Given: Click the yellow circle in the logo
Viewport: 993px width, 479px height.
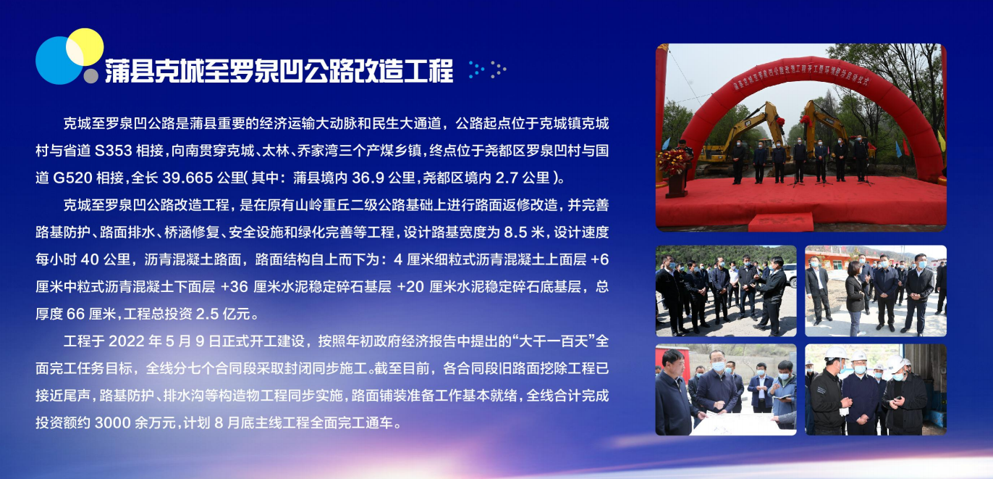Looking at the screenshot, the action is [85, 47].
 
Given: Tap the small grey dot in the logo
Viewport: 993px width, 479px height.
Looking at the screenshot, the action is [91, 75].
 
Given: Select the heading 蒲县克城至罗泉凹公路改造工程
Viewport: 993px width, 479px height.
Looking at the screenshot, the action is [279, 71].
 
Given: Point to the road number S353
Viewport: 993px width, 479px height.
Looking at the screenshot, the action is [114, 151].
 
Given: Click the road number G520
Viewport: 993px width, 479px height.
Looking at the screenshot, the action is [72, 178].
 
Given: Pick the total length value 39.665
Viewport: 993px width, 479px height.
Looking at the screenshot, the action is [187, 178].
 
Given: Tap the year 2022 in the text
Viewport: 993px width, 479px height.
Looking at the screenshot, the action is [127, 341].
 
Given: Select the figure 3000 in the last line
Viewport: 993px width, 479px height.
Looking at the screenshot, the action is [113, 422].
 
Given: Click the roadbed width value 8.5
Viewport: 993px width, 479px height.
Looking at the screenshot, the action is [515, 232].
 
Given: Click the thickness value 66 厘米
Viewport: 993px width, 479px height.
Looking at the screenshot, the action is [91, 314].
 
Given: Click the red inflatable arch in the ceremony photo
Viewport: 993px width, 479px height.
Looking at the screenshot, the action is [812, 75].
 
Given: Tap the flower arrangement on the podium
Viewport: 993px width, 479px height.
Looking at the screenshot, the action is [673, 162].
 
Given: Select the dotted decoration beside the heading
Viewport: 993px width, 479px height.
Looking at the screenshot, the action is [488, 70].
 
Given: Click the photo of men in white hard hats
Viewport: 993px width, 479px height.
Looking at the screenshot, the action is [876, 389].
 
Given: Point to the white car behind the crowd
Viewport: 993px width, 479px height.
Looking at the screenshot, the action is [790, 275].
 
